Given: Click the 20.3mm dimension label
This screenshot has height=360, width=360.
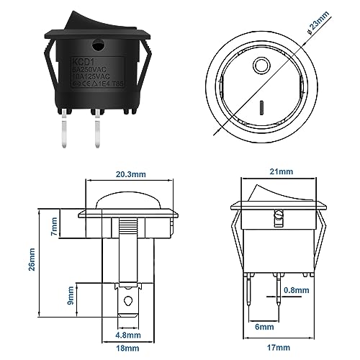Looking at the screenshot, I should click(x=128, y=173).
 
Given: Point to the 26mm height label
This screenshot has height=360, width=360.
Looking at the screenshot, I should click(x=31, y=256).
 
